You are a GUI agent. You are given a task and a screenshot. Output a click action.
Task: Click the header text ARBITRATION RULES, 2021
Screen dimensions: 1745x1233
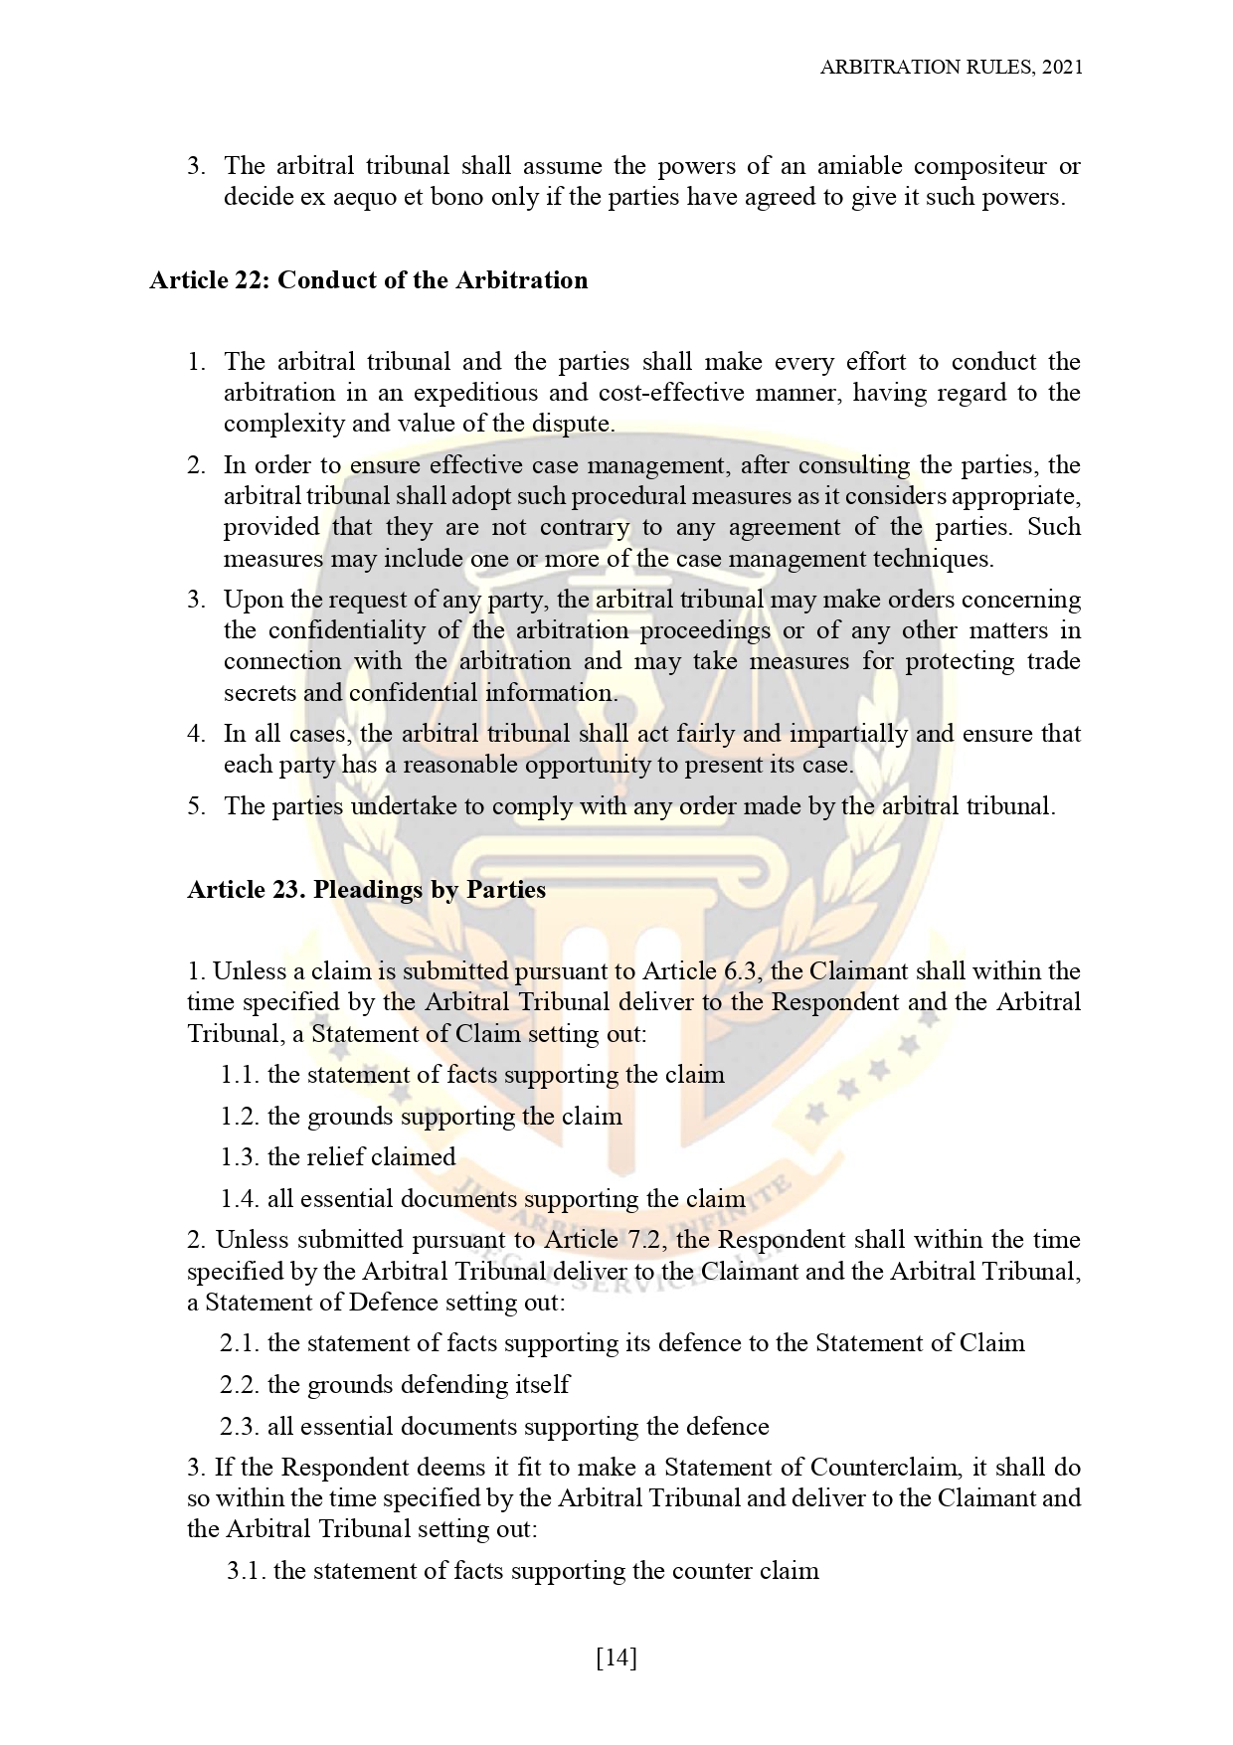(x=951, y=67)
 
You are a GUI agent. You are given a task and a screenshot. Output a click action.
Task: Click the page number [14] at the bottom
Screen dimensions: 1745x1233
(x=616, y=1658)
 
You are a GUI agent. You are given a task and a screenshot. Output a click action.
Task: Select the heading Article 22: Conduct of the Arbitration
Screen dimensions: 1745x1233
(x=369, y=280)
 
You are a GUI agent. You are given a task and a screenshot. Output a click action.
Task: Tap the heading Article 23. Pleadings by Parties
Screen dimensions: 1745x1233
(x=367, y=889)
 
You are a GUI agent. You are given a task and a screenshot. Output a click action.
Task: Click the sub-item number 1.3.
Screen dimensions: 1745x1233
(x=240, y=1157)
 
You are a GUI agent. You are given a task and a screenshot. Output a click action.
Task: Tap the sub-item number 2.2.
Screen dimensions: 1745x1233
(x=240, y=1385)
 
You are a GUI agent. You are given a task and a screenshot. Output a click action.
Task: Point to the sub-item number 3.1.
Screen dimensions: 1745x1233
(x=246, y=1571)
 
